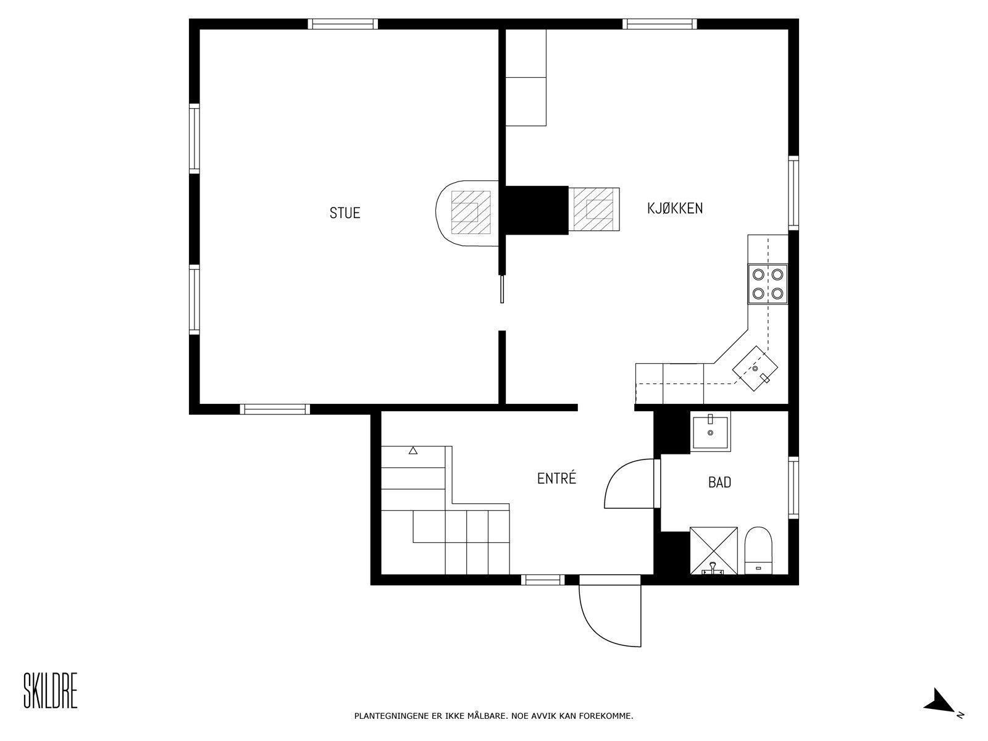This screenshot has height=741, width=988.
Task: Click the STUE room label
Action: click(x=345, y=213)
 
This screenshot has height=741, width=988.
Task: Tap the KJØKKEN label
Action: click(x=675, y=208)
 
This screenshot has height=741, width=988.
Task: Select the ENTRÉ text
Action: click(x=556, y=478)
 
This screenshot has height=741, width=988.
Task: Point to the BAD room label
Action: click(x=719, y=482)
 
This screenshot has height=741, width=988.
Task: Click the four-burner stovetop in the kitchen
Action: click(x=768, y=284)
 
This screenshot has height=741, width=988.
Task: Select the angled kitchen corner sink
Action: click(x=755, y=369)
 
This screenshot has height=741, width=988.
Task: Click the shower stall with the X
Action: click(x=713, y=551)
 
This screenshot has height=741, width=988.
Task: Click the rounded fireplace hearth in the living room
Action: click(x=467, y=213)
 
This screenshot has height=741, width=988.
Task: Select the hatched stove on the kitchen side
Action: click(x=593, y=209)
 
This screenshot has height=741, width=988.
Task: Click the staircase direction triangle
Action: click(x=412, y=450)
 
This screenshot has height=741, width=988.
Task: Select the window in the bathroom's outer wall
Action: click(x=793, y=488)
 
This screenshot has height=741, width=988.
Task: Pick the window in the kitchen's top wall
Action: click(x=660, y=24)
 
